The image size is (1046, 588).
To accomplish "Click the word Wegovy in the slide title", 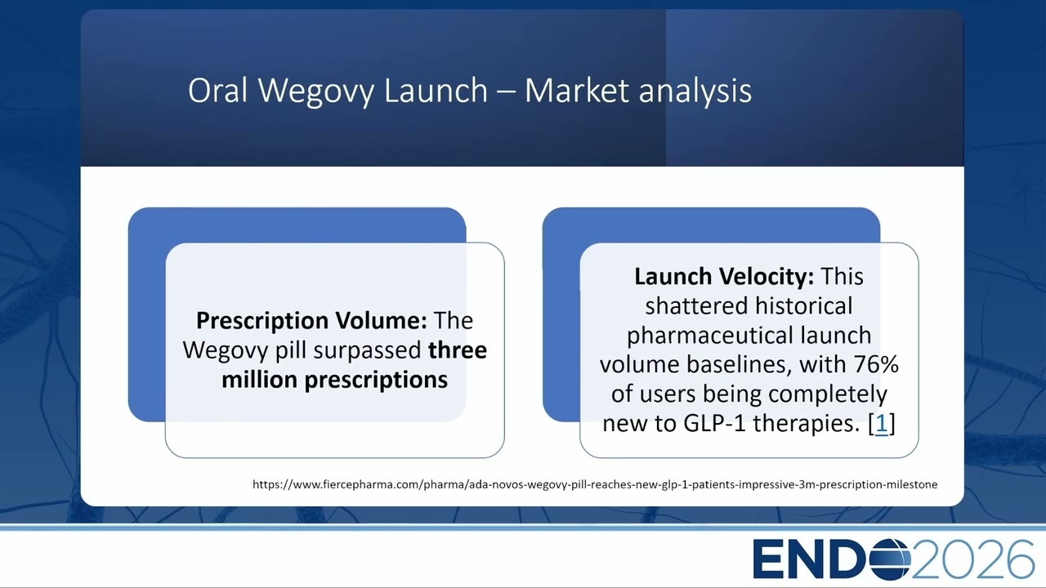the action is click(316, 91).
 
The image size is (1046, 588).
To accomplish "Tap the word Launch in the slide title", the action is click(436, 90).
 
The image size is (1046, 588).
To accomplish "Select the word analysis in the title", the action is click(695, 91).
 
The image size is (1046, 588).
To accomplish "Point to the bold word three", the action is click(458, 350).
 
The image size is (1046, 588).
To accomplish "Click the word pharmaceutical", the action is click(709, 336).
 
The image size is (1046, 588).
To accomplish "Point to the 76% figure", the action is click(877, 364).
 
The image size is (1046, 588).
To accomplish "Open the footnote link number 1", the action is click(882, 424).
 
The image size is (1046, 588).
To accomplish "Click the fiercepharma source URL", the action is click(595, 484).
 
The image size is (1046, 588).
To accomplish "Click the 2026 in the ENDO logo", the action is click(973, 559).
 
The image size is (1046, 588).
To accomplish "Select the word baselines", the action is click(740, 364).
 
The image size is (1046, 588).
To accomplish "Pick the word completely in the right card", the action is click(828, 394).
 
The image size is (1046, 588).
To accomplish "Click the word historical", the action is click(803, 306).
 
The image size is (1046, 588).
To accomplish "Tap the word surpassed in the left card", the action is click(368, 351).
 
